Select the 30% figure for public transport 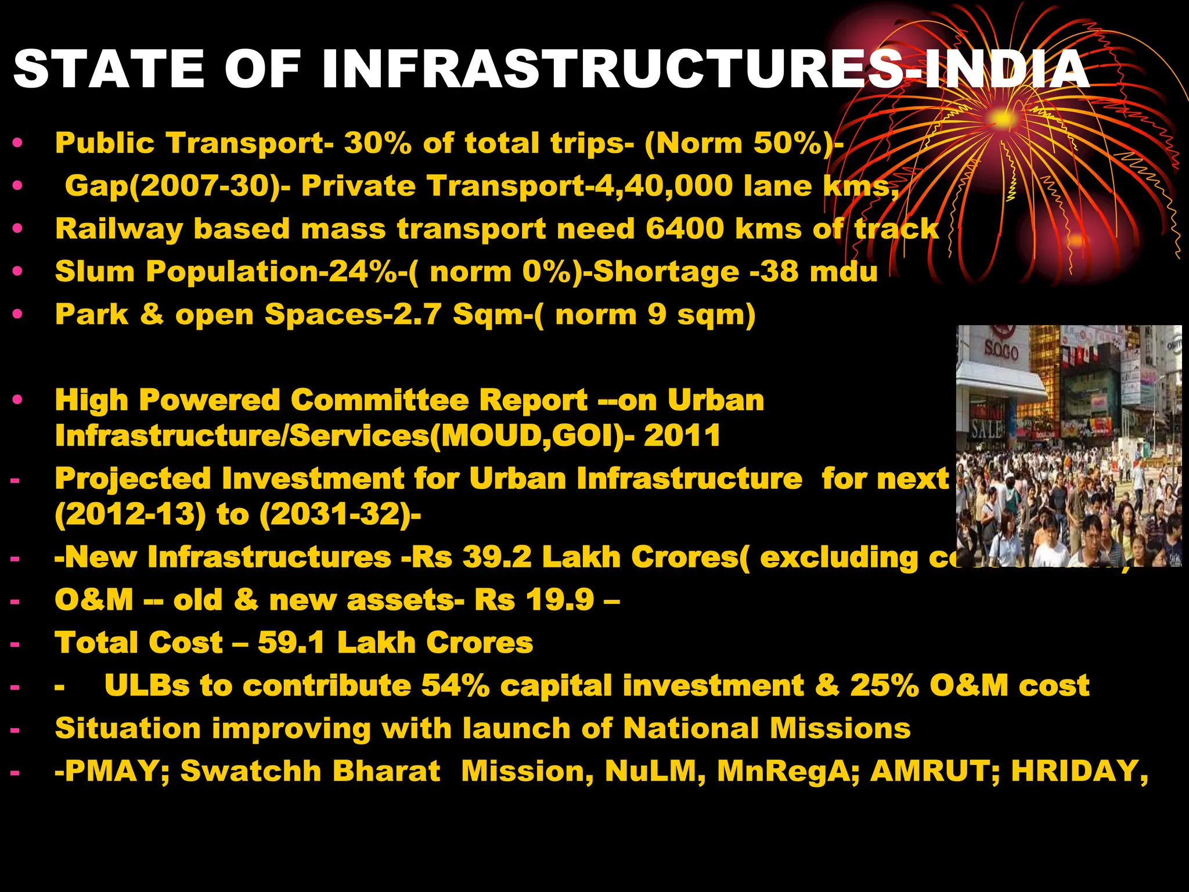tap(378, 143)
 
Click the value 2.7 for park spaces tap(417, 314)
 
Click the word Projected tap(132, 480)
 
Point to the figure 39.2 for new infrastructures tap(497, 557)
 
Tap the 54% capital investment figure tap(456, 686)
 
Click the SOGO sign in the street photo tap(1001, 352)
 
